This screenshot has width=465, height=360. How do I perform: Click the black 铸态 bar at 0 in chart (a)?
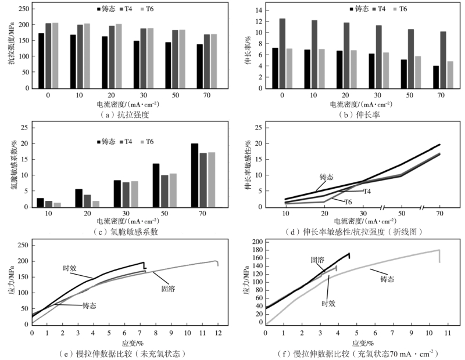tap(41, 61)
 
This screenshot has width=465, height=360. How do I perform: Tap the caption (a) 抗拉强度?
tap(124, 115)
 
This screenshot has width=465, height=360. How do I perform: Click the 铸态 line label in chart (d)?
tap(328, 177)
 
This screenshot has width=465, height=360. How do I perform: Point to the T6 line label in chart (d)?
tap(348, 201)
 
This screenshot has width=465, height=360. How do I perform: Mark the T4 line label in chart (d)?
tap(367, 191)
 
